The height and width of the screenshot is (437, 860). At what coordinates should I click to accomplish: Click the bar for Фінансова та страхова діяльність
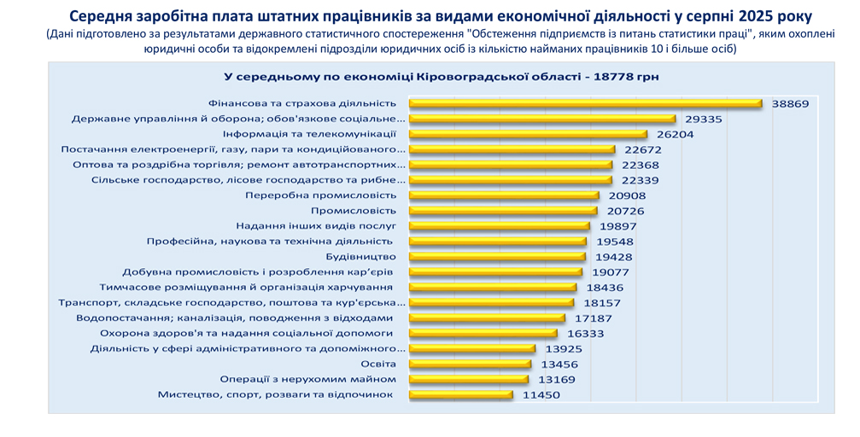tap(585, 103)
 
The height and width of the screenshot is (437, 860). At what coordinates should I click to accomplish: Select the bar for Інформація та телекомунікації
tap(528, 134)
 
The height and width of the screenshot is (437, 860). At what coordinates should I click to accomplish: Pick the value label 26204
tap(676, 134)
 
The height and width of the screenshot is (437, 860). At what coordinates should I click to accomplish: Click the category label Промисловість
tap(354, 210)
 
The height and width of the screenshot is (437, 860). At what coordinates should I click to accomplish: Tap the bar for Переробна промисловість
tap(504, 195)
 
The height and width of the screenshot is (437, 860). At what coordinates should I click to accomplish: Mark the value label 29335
tap(704, 119)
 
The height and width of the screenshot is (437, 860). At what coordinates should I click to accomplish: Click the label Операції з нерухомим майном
tap(308, 379)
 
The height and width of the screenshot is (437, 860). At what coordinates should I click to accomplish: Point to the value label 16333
tap(586, 334)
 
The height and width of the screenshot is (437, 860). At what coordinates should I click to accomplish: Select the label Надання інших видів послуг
tap(316, 226)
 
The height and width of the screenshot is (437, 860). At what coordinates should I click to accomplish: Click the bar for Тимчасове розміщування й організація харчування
tap(493, 288)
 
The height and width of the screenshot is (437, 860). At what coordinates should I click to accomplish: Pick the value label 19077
tap(611, 272)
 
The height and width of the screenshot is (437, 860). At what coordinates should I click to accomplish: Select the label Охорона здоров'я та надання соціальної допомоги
tap(247, 334)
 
